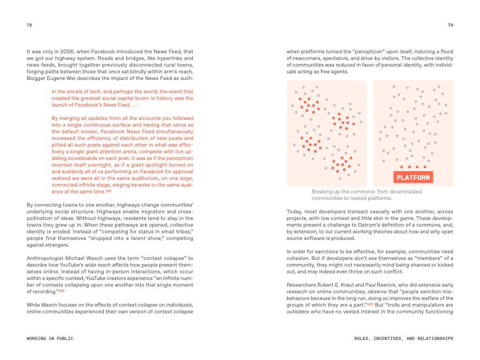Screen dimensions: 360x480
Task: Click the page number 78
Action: [29, 25]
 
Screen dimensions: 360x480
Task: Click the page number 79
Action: [450, 25]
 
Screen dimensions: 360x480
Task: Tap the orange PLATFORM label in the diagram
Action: [412, 177]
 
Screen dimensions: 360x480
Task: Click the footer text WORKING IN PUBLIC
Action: [50, 338]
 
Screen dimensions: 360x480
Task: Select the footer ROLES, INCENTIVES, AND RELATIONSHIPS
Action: [403, 338]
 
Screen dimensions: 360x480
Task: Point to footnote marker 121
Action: [109, 191]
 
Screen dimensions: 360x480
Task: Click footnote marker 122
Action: [62, 291]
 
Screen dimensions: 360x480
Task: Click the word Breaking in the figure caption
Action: [323, 192]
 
